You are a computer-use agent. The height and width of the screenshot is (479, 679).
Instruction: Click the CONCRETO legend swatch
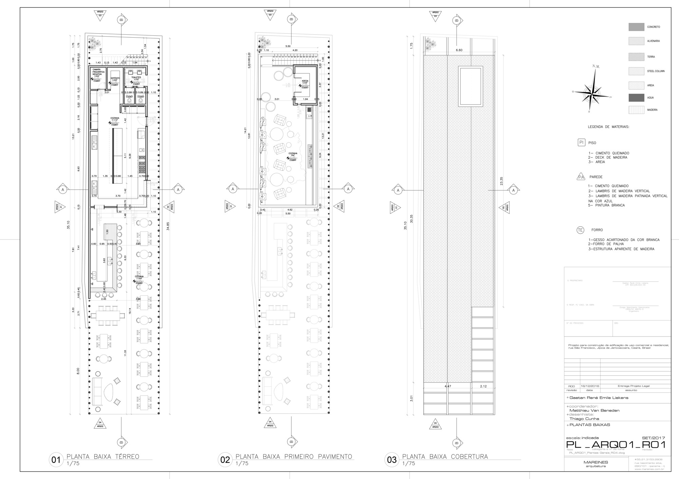pyautogui.click(x=636, y=27)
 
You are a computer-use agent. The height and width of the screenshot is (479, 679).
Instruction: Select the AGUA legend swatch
pyautogui.click(x=636, y=98)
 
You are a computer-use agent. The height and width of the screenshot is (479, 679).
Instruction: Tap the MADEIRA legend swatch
pyautogui.click(x=636, y=110)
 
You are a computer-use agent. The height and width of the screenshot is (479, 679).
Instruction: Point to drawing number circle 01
pyautogui.click(x=55, y=460)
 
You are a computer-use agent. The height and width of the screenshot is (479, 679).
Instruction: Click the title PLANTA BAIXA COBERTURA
pyautogui.click(x=445, y=457)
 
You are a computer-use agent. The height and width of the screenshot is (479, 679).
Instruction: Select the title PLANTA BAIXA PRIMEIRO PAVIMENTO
pyautogui.click(x=294, y=457)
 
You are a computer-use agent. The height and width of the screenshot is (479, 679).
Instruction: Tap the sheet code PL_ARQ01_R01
pyautogui.click(x=616, y=445)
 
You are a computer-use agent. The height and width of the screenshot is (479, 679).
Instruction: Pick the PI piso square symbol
pyautogui.click(x=581, y=142)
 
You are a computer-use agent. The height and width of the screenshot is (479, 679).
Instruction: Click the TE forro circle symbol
pyautogui.click(x=580, y=230)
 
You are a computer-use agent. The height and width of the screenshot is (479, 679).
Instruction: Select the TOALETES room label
pyautogui.click(x=136, y=77)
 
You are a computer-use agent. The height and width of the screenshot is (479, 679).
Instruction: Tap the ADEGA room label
pyautogui.click(x=305, y=81)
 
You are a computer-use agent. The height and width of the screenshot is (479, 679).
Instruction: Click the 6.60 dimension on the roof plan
pyautogui.click(x=459, y=50)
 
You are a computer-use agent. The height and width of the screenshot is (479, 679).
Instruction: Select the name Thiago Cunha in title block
pyautogui.click(x=582, y=418)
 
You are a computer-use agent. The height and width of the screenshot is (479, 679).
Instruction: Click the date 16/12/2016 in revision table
pyautogui.click(x=590, y=386)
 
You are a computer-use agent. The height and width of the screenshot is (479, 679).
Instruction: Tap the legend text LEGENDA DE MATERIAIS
pyautogui.click(x=608, y=127)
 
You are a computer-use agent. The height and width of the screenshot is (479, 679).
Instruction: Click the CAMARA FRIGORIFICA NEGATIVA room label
pyautogui.click(x=98, y=72)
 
